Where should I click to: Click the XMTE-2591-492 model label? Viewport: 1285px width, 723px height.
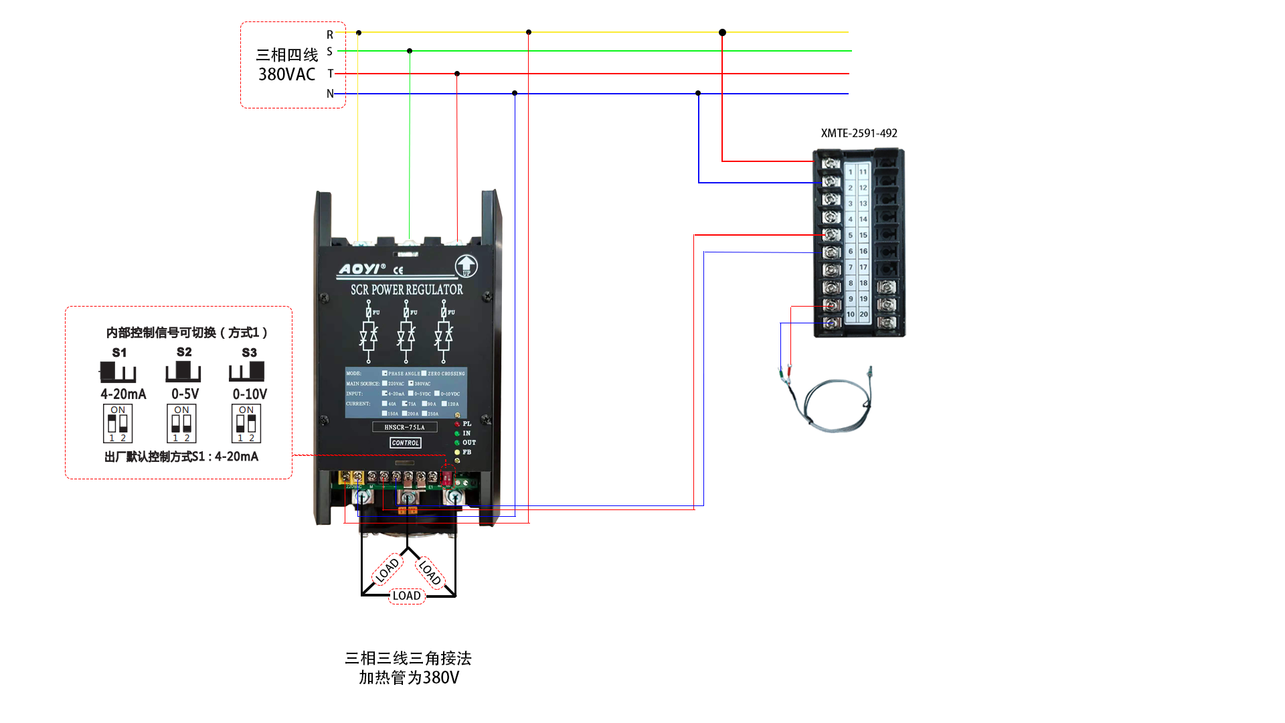tap(859, 133)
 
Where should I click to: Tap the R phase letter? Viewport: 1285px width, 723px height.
tap(330, 35)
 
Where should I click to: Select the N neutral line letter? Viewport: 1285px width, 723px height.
tap(330, 94)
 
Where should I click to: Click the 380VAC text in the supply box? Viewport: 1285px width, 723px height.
tap(286, 74)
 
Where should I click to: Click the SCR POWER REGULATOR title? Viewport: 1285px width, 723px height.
tap(407, 290)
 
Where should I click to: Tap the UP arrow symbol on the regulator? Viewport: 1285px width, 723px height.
tap(466, 266)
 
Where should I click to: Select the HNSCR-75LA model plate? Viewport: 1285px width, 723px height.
tap(404, 427)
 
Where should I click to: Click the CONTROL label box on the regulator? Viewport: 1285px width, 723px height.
tap(406, 443)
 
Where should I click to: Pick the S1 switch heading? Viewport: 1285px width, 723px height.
tap(119, 353)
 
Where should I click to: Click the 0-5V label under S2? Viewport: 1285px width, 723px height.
tap(185, 394)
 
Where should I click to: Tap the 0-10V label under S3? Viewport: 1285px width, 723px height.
tap(250, 394)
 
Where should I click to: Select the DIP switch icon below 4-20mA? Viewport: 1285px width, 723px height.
tap(118, 424)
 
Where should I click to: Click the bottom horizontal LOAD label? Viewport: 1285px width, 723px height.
tap(406, 596)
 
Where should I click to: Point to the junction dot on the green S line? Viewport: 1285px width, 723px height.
tap(410, 51)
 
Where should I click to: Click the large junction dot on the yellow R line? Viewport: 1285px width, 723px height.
tap(722, 32)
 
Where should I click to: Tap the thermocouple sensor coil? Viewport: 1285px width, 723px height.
tap(837, 405)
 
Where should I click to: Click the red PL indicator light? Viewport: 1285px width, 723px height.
tap(458, 424)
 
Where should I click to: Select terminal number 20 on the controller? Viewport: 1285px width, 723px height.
tap(863, 314)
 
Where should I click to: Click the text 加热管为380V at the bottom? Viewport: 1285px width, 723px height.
tap(409, 678)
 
